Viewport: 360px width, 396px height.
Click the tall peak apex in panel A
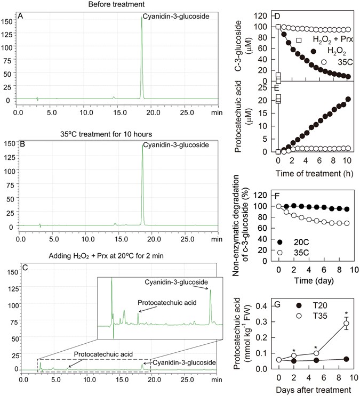[x=141, y=18]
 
